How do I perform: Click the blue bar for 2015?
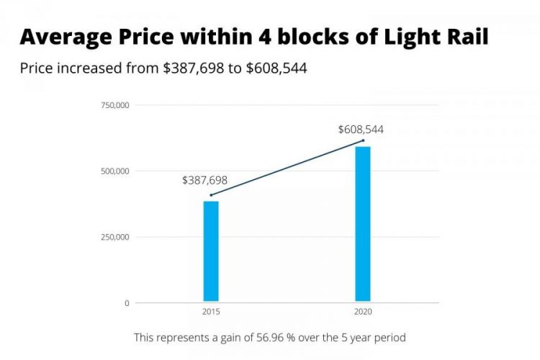(x=210, y=251)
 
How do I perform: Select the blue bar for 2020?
(x=363, y=224)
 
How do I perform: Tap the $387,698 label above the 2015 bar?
(x=204, y=180)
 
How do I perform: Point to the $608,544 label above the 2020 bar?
(x=361, y=130)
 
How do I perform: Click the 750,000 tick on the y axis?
(x=115, y=106)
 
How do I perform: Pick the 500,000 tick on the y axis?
(x=115, y=171)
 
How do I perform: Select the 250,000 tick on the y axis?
(x=115, y=237)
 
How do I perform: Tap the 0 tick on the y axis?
(x=127, y=303)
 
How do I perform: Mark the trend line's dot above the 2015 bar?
(x=210, y=195)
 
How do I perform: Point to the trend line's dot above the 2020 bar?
(x=363, y=140)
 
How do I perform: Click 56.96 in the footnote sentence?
(x=255, y=337)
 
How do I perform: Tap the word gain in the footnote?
(x=222, y=337)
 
